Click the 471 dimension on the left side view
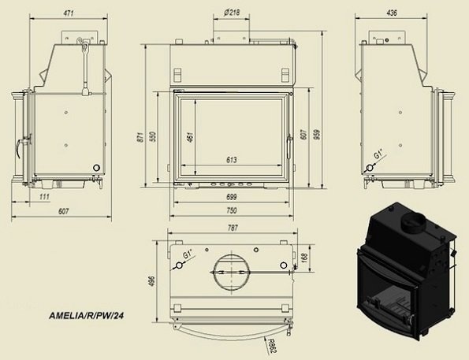pos(69,13)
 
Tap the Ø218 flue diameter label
pos(232,13)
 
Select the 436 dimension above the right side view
pos(392,13)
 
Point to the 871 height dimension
pos(140,136)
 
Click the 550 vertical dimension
pos(153,136)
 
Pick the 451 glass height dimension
pos(190,136)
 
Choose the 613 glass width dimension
pos(232,160)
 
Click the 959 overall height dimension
pos(318,134)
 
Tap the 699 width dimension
pos(232,197)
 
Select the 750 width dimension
pos(232,210)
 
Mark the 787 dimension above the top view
pos(233,228)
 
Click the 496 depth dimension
pos(152,281)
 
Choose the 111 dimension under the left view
pos(44,197)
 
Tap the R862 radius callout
pos(271,346)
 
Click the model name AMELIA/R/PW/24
pos(87,315)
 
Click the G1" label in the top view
pos(188,254)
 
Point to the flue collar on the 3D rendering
pos(413,224)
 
